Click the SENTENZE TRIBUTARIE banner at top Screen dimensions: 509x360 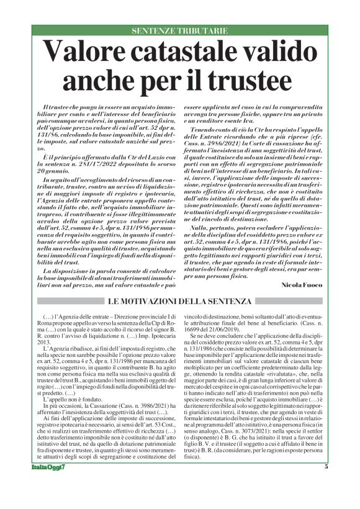point(180,30)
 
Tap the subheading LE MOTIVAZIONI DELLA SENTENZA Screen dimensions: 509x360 point(180,301)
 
